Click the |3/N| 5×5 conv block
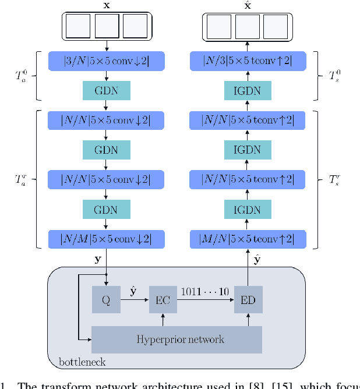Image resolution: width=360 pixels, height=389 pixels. tap(107, 61)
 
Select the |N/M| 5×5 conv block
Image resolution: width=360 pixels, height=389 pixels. tap(107, 239)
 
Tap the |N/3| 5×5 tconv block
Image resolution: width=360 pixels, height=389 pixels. tap(247, 61)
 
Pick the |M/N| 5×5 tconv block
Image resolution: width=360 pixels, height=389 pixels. tap(247, 239)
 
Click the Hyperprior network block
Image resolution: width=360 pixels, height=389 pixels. tap(177, 339)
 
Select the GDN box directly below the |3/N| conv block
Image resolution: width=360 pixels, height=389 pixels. tap(107, 90)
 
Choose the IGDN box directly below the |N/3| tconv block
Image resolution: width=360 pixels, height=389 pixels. tap(247, 90)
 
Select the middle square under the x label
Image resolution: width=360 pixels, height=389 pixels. tap(107, 27)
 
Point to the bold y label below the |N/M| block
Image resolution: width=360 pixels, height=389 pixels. tap(97, 259)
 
